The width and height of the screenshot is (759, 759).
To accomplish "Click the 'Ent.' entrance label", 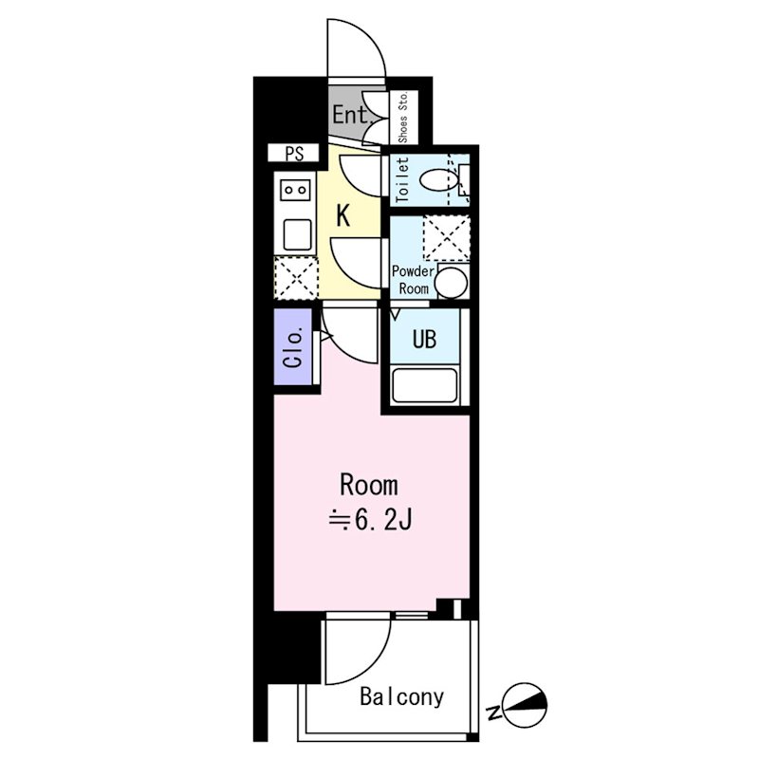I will [350, 117].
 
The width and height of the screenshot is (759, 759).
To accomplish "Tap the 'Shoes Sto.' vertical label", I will [403, 118].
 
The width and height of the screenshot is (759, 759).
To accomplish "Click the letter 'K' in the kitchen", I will [343, 215].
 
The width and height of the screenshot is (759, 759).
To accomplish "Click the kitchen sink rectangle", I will [297, 233].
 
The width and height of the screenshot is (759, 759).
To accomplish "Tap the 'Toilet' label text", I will [401, 178].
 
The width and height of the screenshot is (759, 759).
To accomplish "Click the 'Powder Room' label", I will [412, 279].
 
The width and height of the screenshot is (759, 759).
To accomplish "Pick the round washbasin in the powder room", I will [452, 282].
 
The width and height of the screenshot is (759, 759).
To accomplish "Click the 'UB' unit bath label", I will [423, 339].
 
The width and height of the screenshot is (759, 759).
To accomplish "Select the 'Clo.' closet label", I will [293, 348].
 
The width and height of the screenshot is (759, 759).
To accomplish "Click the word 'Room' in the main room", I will [369, 486].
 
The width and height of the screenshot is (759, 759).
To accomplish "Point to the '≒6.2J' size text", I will [369, 521].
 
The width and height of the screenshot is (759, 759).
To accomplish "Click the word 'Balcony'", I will [401, 697].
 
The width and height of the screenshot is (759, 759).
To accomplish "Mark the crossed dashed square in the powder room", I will [446, 237].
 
